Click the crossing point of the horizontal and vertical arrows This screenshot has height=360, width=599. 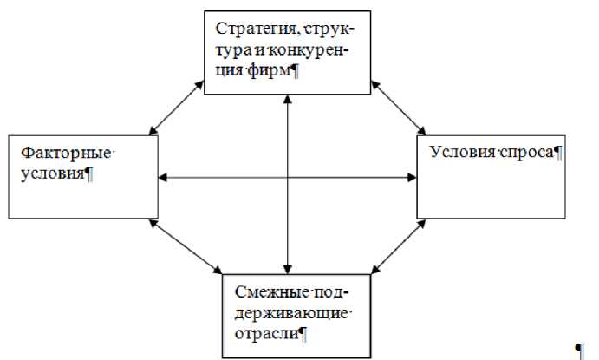click(287, 179)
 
